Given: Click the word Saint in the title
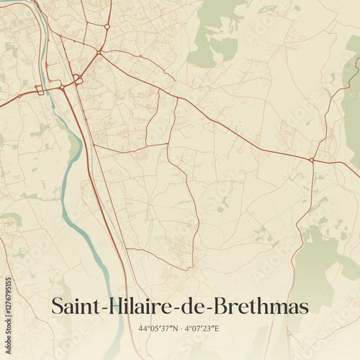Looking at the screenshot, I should tap(76, 306).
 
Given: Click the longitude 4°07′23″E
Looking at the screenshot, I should tap(202, 328).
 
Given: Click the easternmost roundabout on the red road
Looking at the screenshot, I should tap(311, 160).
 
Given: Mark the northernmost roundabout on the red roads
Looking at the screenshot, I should tap(107, 27).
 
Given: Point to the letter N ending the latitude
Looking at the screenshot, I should tap(174, 328).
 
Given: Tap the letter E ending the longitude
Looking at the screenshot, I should tap(217, 328).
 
